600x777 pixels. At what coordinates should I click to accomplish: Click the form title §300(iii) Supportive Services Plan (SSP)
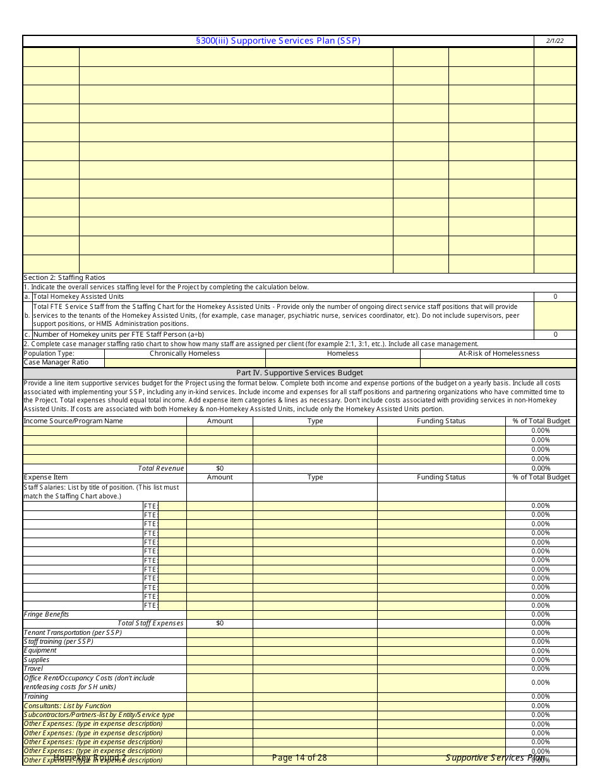pos(278,41)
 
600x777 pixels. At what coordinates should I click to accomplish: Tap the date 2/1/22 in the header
pos(555,41)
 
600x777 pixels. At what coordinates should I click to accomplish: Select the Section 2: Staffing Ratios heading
pos(64,277)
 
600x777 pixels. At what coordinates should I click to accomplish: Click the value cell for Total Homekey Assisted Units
pos(555,296)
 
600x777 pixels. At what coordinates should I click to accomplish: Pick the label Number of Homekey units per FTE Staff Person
pos(119,334)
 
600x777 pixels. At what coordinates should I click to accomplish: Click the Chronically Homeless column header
pos(184,353)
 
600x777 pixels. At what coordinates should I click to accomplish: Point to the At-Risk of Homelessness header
pos(498,353)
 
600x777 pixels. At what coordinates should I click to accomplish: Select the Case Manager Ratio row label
pos(56,363)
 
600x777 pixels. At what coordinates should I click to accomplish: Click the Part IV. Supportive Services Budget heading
pos(299,373)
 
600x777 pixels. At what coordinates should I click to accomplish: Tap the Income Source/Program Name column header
pos(73,421)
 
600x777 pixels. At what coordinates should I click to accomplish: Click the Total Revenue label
pos(161,468)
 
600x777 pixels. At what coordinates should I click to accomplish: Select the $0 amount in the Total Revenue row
pos(219,468)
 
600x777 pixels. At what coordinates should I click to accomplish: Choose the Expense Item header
pos(45,477)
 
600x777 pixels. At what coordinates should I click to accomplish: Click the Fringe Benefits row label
pos(46,614)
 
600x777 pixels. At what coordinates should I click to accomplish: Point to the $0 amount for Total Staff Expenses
pos(219,623)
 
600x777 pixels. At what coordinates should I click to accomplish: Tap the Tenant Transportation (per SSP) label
pos(73,632)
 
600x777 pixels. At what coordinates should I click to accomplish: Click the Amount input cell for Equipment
pos(219,651)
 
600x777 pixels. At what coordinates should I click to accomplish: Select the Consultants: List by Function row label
pos(67,706)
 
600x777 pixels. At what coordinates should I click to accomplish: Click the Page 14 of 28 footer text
pos(299,757)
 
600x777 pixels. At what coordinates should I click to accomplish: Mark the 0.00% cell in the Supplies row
pos(540,660)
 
